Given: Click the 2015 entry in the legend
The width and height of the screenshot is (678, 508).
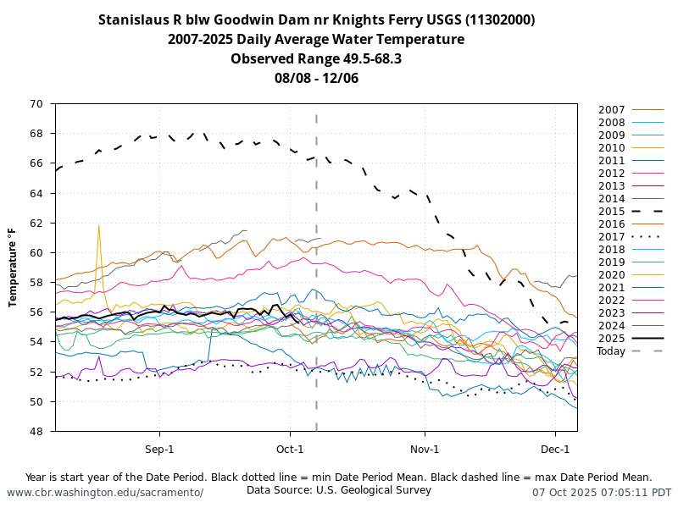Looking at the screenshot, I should [612, 211].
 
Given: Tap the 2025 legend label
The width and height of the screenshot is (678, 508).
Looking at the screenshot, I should [612, 338].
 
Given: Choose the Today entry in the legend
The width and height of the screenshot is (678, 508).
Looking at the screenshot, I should [610, 351].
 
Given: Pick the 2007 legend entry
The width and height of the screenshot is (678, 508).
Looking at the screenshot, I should [612, 109].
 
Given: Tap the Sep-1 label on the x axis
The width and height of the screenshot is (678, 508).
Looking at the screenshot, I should [159, 449].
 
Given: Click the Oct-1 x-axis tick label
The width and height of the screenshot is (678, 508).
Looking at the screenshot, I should [290, 449].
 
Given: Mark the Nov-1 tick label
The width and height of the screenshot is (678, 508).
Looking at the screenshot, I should [425, 449].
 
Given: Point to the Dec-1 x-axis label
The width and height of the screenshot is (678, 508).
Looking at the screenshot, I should [555, 449].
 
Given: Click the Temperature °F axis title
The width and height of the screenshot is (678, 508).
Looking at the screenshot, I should [13, 267].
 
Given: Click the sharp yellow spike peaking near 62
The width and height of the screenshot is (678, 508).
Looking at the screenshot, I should [99, 227].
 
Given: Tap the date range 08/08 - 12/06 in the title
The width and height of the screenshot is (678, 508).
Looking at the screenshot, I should [316, 78].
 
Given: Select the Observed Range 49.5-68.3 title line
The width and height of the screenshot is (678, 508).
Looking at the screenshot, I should [316, 58].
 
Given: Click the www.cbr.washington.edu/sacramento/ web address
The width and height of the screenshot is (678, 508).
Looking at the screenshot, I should [105, 492].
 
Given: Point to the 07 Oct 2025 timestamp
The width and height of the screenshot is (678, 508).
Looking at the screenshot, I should [602, 492].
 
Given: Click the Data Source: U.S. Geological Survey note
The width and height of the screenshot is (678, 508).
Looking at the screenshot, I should [339, 489].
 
